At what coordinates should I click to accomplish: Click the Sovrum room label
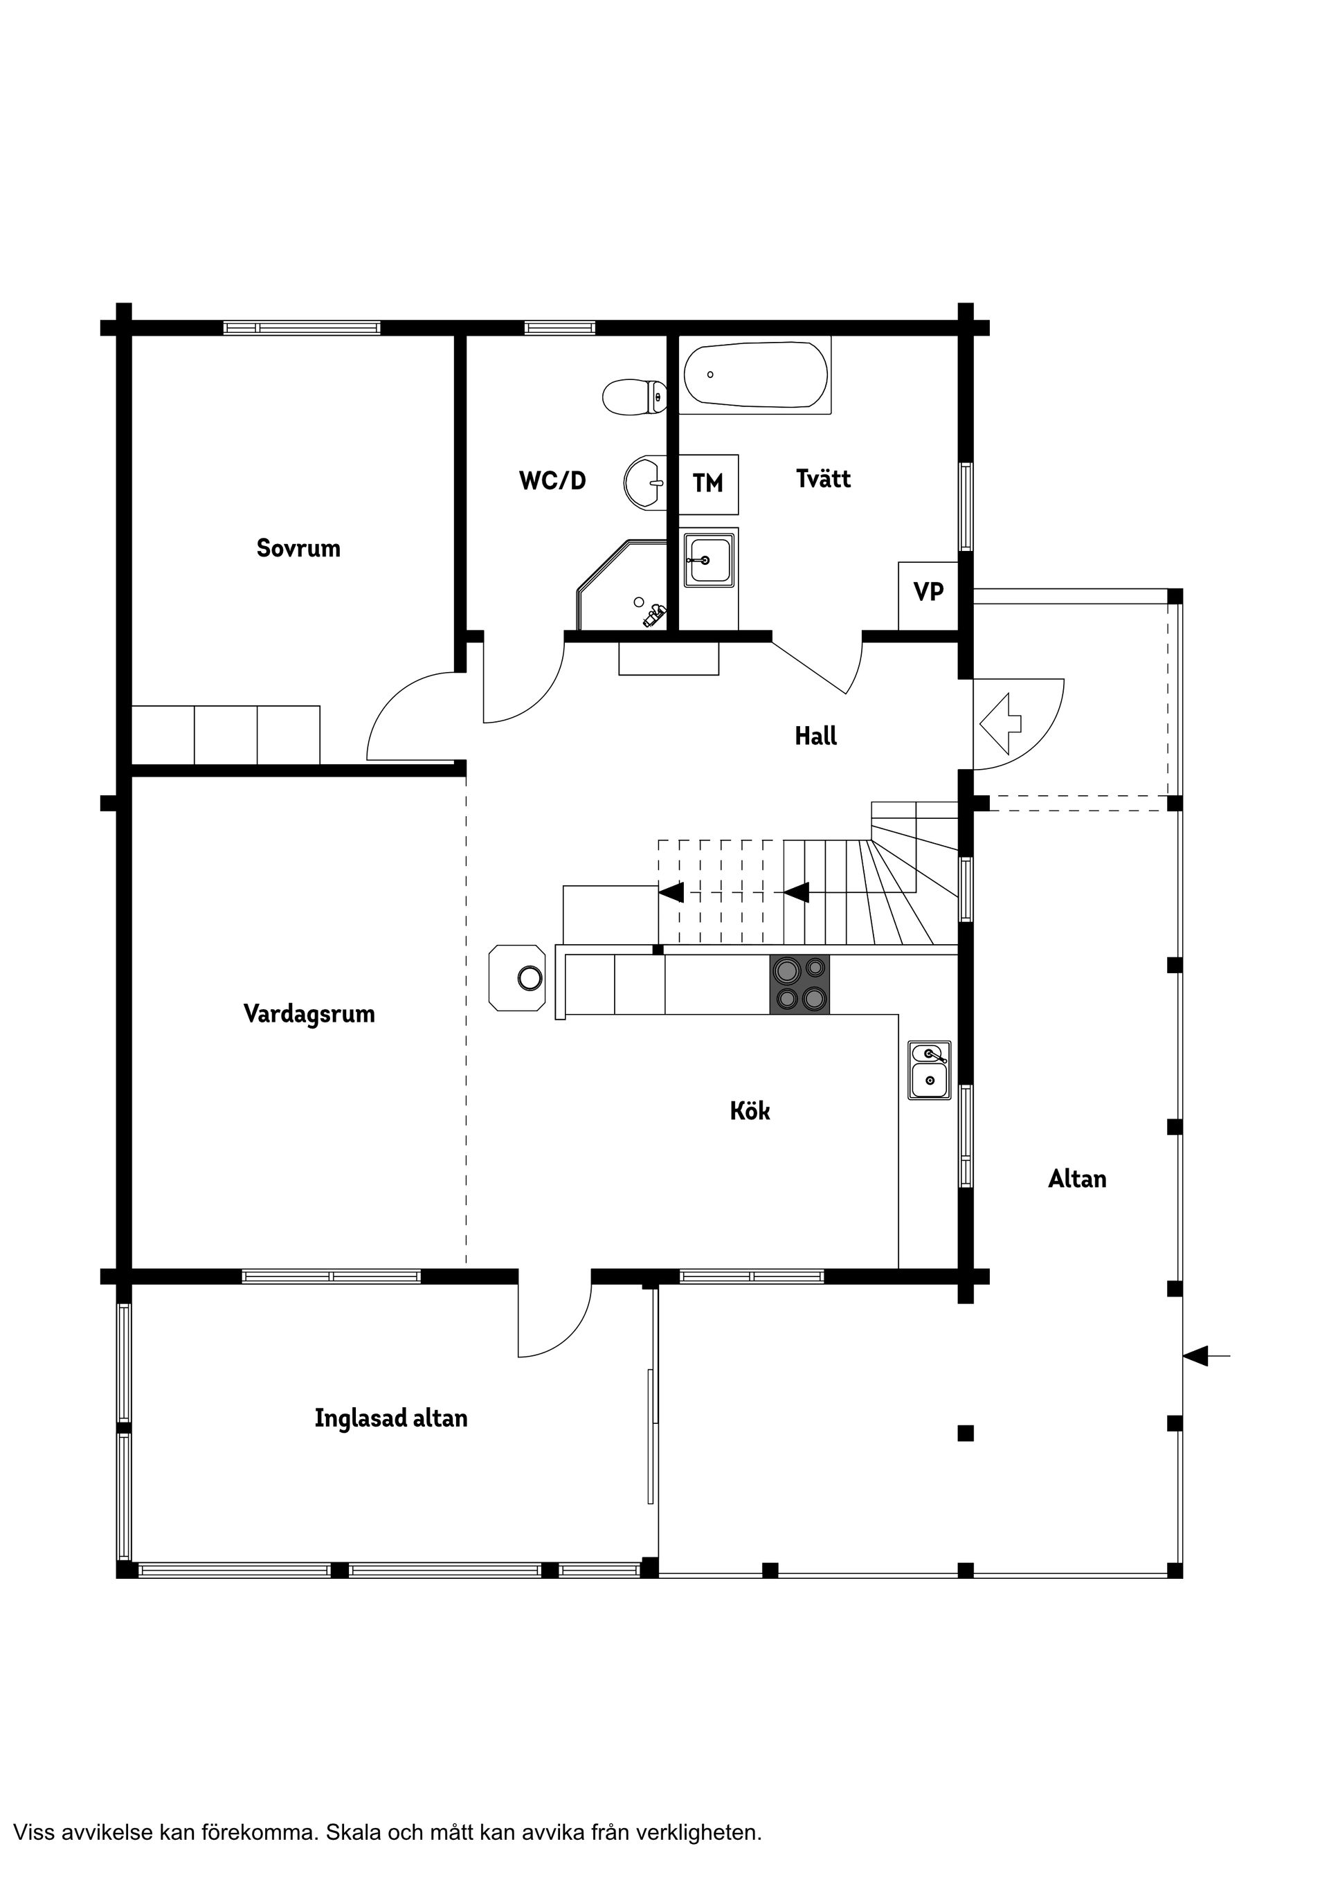[x=298, y=548]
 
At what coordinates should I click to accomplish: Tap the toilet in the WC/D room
[x=635, y=397]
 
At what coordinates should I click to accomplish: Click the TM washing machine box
[x=708, y=484]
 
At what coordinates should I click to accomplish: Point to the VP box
[x=928, y=591]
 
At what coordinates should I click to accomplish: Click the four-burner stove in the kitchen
[x=799, y=985]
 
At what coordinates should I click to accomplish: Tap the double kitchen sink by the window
[x=930, y=1070]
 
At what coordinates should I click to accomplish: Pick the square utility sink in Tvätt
[x=710, y=559]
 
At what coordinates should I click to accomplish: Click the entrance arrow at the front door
[x=1001, y=723]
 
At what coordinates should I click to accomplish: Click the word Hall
[x=815, y=736]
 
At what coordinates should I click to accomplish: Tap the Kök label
[x=750, y=1111]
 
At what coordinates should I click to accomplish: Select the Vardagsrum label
[x=309, y=1013]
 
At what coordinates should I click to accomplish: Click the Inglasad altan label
[x=390, y=1418]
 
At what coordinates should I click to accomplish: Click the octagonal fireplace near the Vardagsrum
[x=518, y=977]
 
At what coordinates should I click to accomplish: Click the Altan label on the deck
[x=1077, y=1179]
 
